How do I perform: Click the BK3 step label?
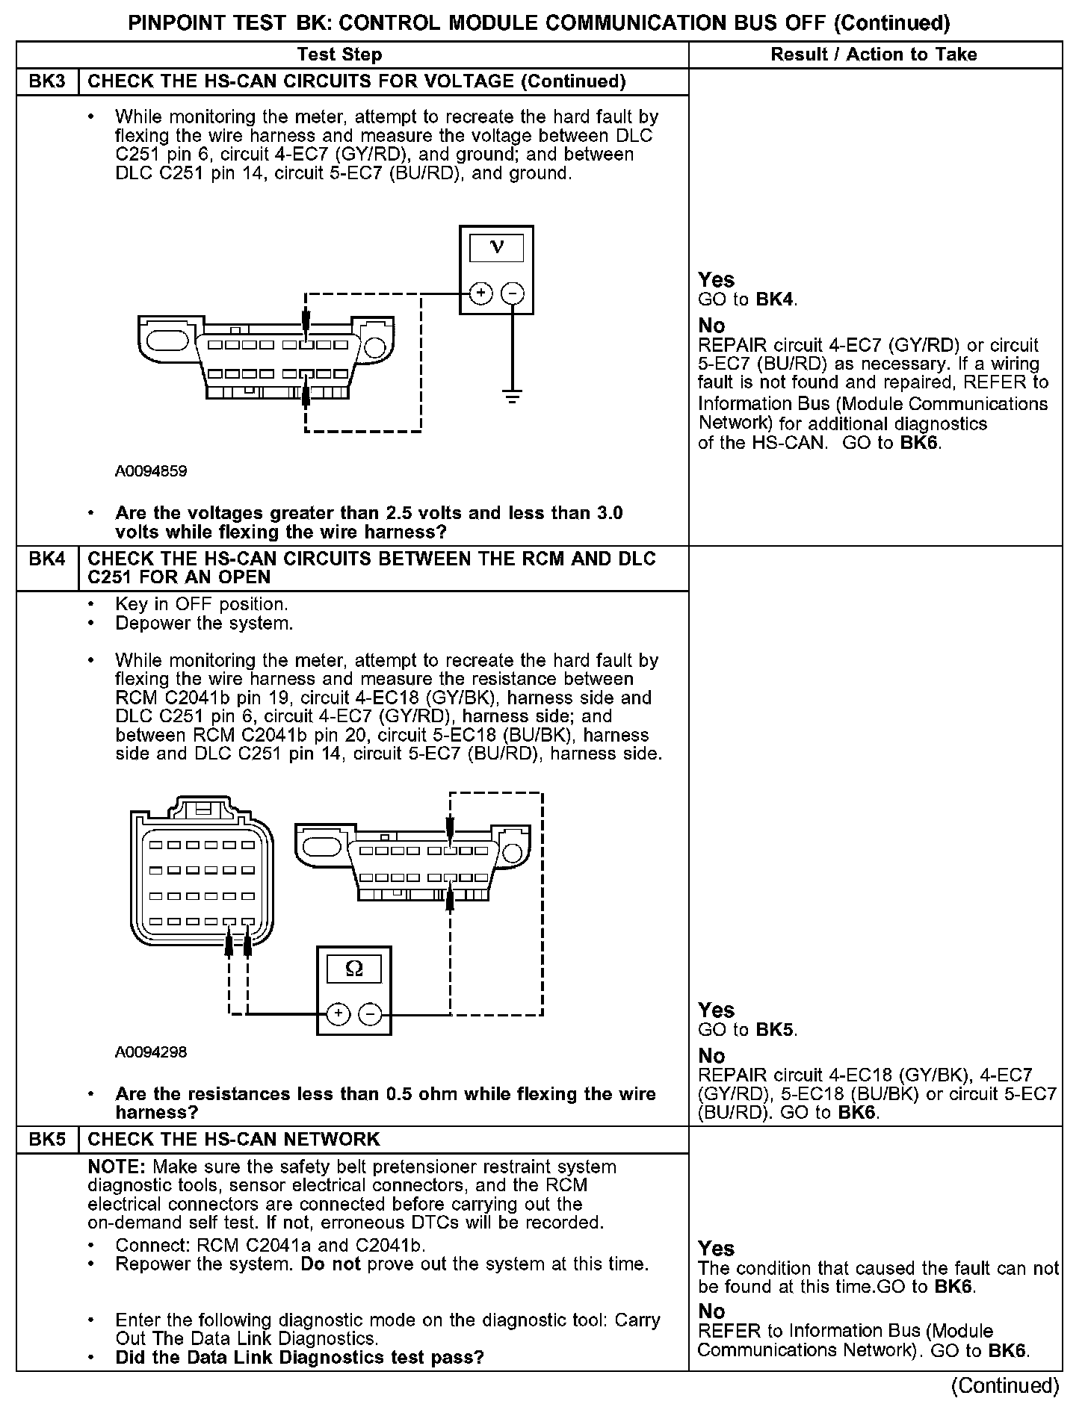click(47, 81)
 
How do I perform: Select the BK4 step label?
click(47, 559)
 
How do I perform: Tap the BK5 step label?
click(47, 1139)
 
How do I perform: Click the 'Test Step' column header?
click(339, 55)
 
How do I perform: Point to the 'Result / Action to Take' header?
click(874, 55)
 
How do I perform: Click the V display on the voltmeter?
click(496, 247)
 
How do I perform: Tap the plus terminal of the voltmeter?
click(480, 293)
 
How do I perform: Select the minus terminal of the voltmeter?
click(512, 293)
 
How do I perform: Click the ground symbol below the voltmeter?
click(512, 396)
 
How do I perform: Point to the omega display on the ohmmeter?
click(354, 969)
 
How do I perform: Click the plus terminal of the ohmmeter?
click(339, 1013)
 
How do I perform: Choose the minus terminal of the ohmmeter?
click(370, 1013)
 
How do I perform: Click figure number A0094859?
click(151, 471)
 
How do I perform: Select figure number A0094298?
click(151, 1052)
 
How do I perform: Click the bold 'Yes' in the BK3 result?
click(716, 280)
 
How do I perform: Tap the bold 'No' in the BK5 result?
click(711, 1311)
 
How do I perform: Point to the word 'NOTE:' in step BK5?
click(117, 1167)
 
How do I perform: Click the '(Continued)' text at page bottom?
click(1005, 1386)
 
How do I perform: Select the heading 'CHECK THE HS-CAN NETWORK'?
click(234, 1139)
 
